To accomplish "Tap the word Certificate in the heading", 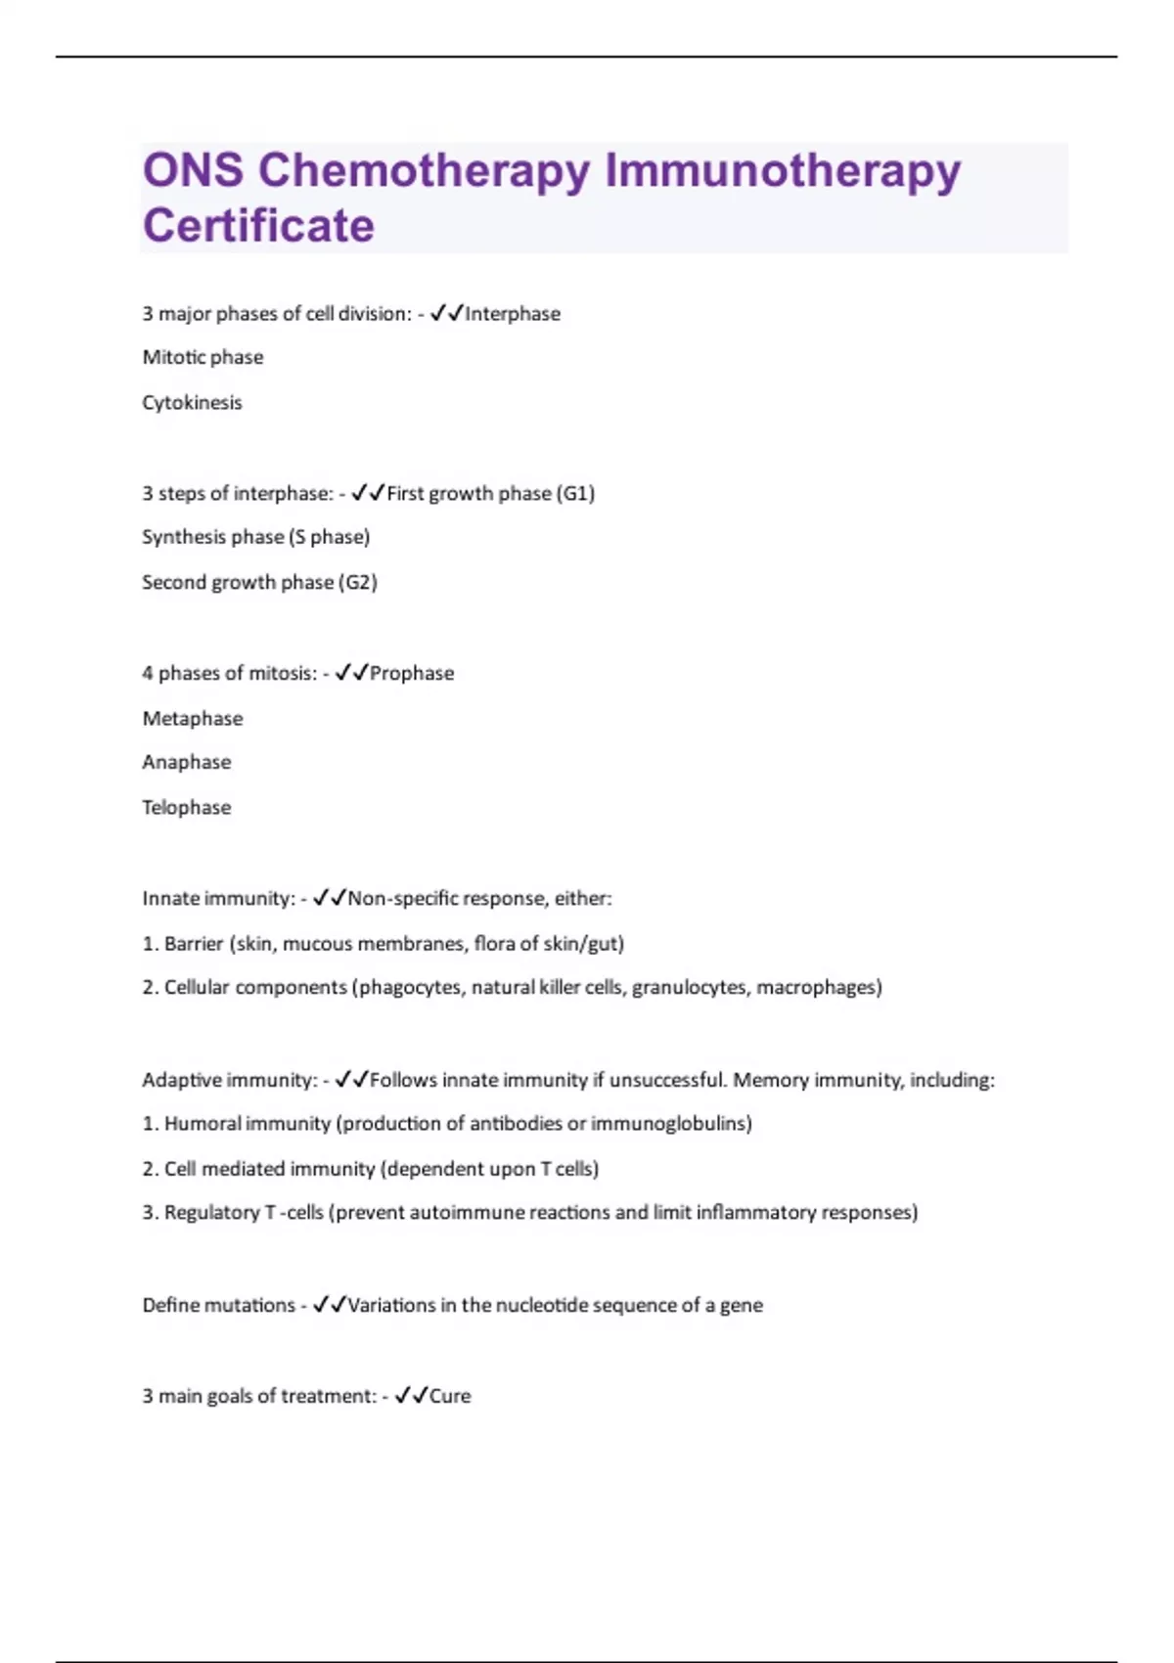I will coord(258,226).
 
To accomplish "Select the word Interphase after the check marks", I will coord(513,314).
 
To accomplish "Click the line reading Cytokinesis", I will coord(192,403).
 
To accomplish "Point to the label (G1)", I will coord(575,494).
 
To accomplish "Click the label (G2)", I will coord(358,583).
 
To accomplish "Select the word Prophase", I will coord(412,674).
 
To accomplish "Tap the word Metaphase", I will coord(193,719).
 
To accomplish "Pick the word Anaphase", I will coord(187,762).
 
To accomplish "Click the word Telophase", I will coord(187,808).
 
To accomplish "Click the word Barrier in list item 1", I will coord(194,944).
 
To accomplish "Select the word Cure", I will coord(450,1397).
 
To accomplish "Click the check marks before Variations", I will coord(330,1306).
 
